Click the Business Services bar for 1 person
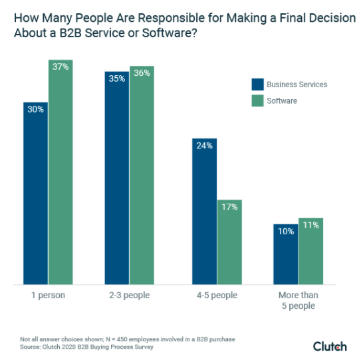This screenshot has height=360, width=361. click(x=35, y=193)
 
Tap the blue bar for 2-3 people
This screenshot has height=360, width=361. click(x=116, y=176)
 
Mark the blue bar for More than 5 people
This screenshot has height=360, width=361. click(x=285, y=254)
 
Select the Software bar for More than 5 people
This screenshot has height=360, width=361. click(x=310, y=252)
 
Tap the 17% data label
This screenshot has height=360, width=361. click(x=229, y=207)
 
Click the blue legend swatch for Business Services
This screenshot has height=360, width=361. click(x=257, y=85)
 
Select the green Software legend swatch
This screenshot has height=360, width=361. click(x=257, y=100)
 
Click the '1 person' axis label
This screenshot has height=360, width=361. click(x=48, y=295)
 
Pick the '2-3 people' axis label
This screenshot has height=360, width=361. click(x=130, y=295)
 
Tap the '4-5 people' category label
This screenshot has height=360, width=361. click(x=217, y=295)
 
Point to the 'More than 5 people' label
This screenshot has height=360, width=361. click(x=298, y=300)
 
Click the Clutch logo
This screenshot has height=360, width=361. click(x=330, y=346)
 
